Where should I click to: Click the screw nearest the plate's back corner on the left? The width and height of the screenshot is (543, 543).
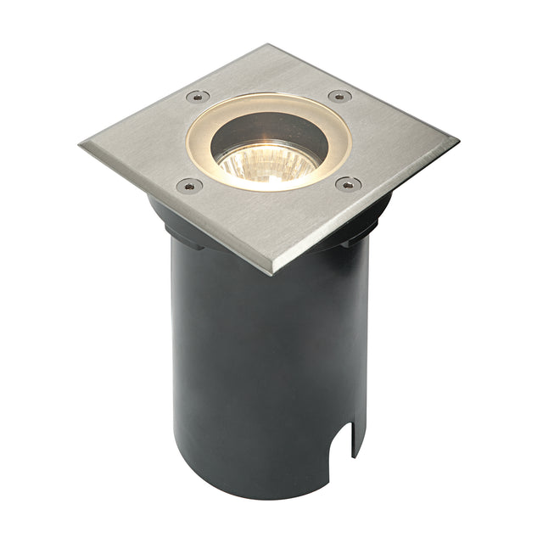(x=197, y=96)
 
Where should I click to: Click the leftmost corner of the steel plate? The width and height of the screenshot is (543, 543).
(x=82, y=145)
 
